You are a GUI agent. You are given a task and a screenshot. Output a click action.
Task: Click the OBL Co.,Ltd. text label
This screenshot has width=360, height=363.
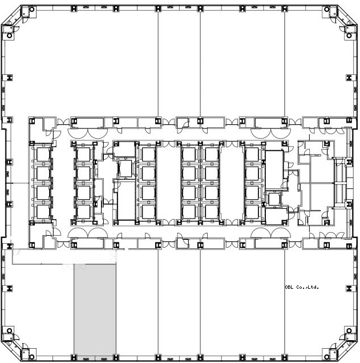point(302,287)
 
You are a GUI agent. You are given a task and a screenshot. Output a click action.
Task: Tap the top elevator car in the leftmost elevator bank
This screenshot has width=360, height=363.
point(43,154)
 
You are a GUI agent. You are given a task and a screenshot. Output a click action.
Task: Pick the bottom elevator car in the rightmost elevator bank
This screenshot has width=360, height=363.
point(252,212)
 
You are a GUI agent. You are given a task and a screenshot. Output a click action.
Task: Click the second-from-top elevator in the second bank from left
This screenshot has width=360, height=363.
point(83,174)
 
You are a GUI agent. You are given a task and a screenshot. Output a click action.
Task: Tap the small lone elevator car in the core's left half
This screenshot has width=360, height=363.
point(126,168)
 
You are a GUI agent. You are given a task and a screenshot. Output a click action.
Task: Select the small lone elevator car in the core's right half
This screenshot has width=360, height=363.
point(274,199)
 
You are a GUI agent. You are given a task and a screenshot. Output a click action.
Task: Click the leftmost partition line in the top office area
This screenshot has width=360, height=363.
point(158,64)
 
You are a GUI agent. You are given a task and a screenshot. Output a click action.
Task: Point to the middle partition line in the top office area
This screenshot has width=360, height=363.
point(200,64)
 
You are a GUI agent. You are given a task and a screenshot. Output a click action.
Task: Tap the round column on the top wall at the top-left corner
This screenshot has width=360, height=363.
point(32,10)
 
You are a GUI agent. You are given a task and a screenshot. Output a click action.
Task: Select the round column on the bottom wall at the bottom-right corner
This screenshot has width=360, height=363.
point(327,357)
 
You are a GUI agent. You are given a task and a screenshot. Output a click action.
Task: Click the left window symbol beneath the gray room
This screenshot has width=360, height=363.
point(86,359)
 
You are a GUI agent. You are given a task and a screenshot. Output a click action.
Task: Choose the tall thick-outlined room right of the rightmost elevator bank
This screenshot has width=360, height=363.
point(274,170)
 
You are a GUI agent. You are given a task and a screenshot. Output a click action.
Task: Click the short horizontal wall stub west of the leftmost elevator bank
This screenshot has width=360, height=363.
point(21,183)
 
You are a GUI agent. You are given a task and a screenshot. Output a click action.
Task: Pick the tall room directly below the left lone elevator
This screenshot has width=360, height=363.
point(126,200)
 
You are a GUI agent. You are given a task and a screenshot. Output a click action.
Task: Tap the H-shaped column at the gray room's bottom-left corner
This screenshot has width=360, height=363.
point(74,357)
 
